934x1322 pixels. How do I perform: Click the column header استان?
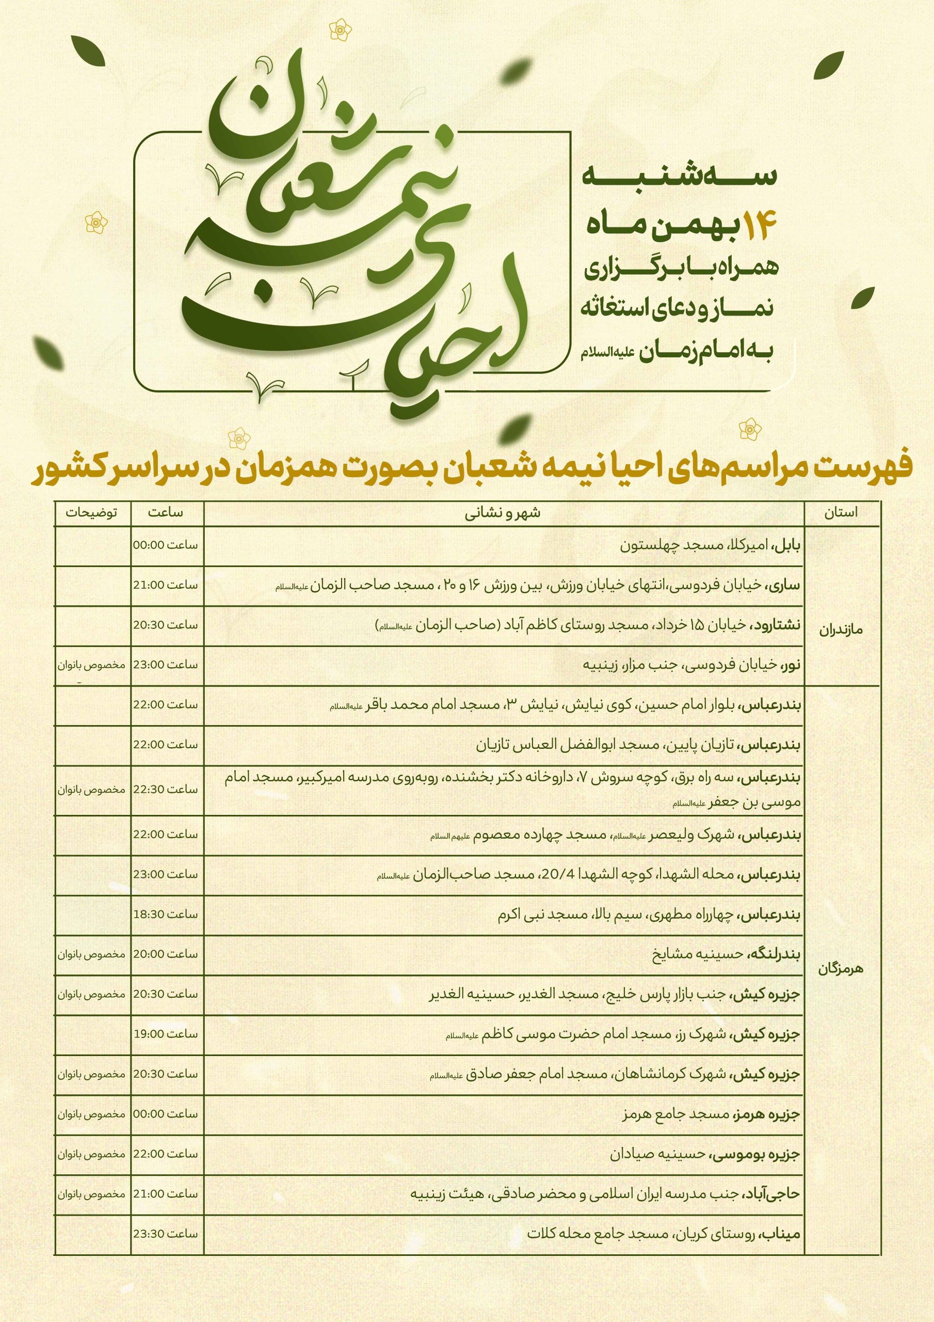point(841,513)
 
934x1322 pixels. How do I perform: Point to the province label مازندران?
point(841,630)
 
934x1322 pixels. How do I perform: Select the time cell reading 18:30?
point(166,914)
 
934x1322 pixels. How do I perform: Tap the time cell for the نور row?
point(166,665)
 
